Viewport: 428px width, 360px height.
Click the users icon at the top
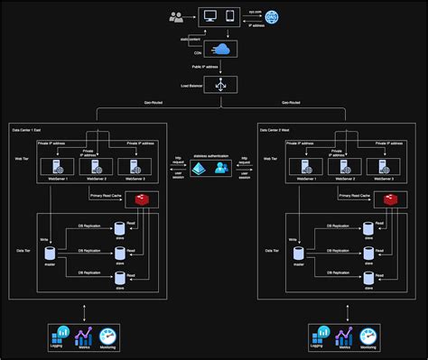click(x=177, y=16)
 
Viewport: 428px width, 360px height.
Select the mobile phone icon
click(x=229, y=15)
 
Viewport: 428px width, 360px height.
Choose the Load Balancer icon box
click(x=219, y=86)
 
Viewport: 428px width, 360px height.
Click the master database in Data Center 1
click(x=48, y=255)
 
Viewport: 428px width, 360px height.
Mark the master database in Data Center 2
click(x=297, y=255)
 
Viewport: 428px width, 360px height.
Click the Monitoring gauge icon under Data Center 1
click(x=108, y=337)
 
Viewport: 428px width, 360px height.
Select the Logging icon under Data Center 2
click(x=317, y=337)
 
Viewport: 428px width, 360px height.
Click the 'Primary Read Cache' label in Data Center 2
click(x=356, y=195)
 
